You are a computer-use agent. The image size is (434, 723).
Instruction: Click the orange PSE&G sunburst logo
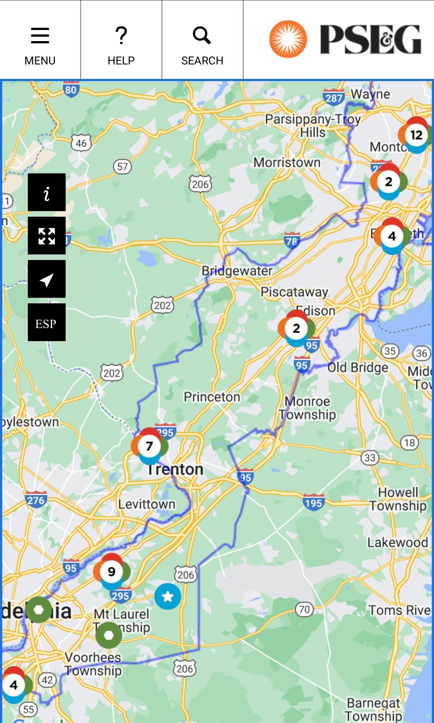[288, 39]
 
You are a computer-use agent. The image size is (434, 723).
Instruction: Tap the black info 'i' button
[47, 192]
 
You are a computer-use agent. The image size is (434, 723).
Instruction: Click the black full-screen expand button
[47, 236]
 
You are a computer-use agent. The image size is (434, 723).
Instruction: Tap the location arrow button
[47, 279]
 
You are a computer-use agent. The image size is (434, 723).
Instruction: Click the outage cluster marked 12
[416, 135]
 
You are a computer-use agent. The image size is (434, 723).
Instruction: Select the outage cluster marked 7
[149, 446]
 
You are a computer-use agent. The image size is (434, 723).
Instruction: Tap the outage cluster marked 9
[111, 572]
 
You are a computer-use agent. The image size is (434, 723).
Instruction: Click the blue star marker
[168, 596]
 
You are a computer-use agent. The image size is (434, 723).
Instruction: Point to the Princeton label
[212, 397]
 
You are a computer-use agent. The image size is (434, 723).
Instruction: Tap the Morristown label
[287, 162]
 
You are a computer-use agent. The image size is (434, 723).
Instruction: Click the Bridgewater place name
[237, 271]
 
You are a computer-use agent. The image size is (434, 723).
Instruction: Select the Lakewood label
[397, 543]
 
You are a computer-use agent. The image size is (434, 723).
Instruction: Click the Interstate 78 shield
[292, 241]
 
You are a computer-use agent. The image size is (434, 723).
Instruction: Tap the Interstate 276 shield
[36, 500]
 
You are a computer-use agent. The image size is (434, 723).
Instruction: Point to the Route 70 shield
[304, 609]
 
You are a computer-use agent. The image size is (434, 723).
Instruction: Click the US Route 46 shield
[81, 143]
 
